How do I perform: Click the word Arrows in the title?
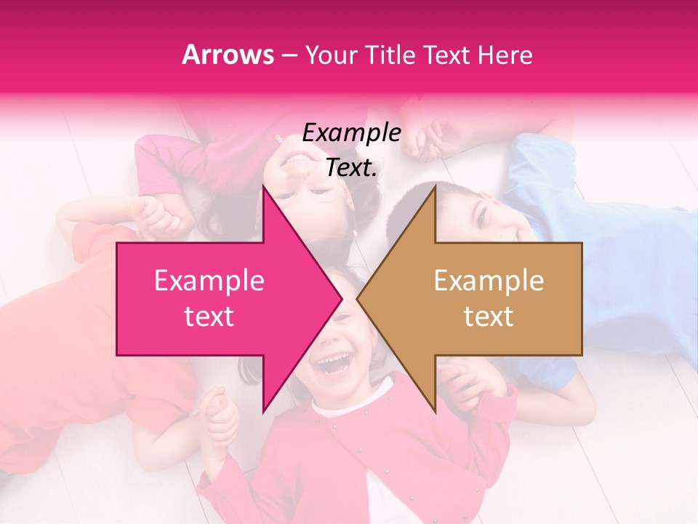pos(228,55)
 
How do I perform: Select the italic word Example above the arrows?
pos(351,133)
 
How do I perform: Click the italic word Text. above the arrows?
pos(351,167)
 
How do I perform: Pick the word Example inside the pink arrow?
pos(209,281)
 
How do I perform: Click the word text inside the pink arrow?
pos(209,317)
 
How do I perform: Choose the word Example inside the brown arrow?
pos(489,281)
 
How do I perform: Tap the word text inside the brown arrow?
pos(489,317)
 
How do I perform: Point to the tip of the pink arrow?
pos(342,298)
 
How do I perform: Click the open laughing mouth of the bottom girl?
pos(335,362)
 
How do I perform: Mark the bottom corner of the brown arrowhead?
pos(435,412)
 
